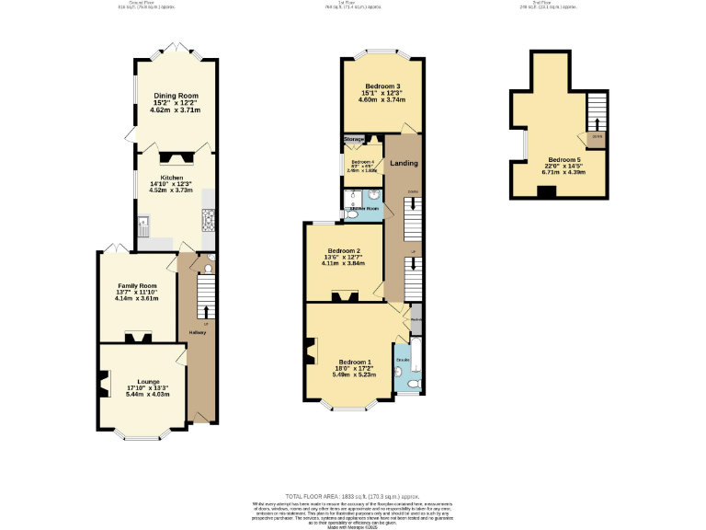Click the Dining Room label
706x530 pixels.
tap(175, 96)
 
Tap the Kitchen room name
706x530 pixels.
tap(172, 178)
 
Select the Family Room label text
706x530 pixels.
tap(136, 286)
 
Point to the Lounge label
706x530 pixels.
tap(148, 382)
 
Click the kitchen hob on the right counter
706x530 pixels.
tap(207, 218)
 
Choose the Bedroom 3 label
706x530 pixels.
tap(380, 86)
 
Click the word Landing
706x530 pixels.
tap(404, 164)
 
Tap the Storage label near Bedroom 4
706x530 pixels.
tap(354, 140)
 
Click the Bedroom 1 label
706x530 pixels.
tap(354, 362)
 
